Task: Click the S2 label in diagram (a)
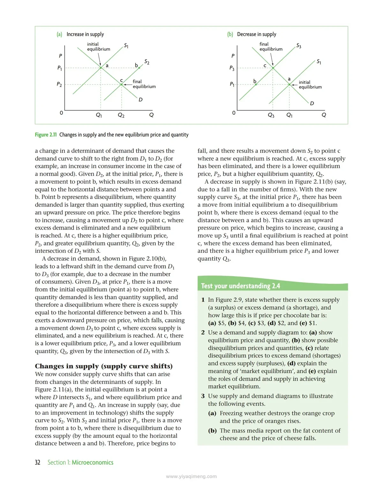coord(147,62)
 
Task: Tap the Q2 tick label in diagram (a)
coord(121,115)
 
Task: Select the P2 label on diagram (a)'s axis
coord(59,84)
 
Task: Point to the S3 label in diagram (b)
coord(299,46)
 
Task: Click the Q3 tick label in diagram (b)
coord(271,115)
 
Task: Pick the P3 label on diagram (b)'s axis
coord(232,68)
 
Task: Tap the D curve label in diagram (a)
coord(140,100)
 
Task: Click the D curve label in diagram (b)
coord(312,103)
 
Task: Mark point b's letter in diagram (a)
coord(136,65)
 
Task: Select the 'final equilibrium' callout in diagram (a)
coord(144,84)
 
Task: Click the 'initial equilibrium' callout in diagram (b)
coord(310,84)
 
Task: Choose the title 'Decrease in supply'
coord(256,34)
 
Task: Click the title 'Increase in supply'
coord(85,34)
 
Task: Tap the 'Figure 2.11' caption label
coord(46,135)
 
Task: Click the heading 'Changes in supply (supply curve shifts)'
coord(104,366)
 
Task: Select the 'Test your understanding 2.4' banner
coord(240,286)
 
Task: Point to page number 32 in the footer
coord(38,463)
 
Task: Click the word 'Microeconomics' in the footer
coord(93,463)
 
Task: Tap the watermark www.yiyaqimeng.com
coord(191,477)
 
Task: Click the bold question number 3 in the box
coord(203,396)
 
